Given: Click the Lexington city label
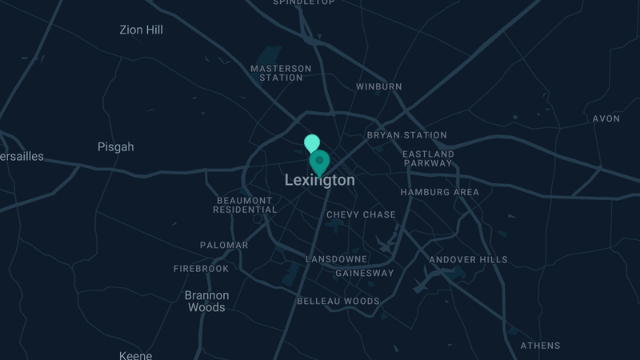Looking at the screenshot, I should (320, 181).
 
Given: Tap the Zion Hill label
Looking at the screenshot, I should (141, 30).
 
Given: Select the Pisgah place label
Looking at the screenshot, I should (115, 147).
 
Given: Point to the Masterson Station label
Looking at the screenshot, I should (281, 73).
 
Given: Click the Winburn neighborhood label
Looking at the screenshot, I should (379, 86).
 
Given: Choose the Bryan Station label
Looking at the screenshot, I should (406, 135).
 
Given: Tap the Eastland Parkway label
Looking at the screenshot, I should (428, 158).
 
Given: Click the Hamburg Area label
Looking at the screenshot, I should (439, 192).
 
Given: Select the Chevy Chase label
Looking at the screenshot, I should (361, 214).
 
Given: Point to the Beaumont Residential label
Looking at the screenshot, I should (245, 205).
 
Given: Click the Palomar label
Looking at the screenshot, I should (224, 245).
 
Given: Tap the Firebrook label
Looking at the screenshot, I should (201, 269).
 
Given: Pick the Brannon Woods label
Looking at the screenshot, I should (206, 301).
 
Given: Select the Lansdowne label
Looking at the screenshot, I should (337, 259).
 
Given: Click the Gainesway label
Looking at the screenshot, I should (364, 273).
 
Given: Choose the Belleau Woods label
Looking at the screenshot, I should (338, 302).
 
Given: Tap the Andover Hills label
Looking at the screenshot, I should (468, 260).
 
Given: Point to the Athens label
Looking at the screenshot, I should (541, 346).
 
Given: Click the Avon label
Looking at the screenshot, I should (606, 118).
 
